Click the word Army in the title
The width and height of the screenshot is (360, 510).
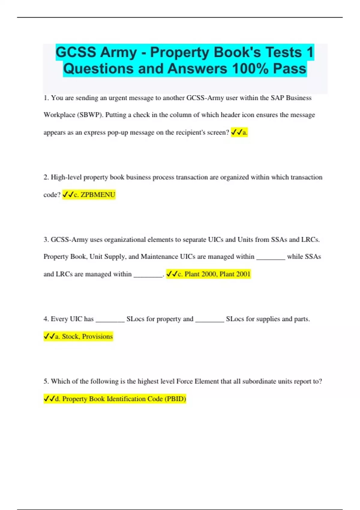(x=118, y=52)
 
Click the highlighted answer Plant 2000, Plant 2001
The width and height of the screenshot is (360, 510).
(x=214, y=274)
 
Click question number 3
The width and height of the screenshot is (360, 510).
(x=46, y=239)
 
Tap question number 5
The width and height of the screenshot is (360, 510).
(x=46, y=381)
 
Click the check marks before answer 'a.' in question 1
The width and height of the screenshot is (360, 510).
(x=236, y=132)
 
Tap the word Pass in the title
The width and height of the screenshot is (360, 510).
(x=289, y=69)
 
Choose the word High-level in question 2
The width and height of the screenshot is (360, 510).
(x=66, y=177)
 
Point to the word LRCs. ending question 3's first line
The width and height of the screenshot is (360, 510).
(x=310, y=239)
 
